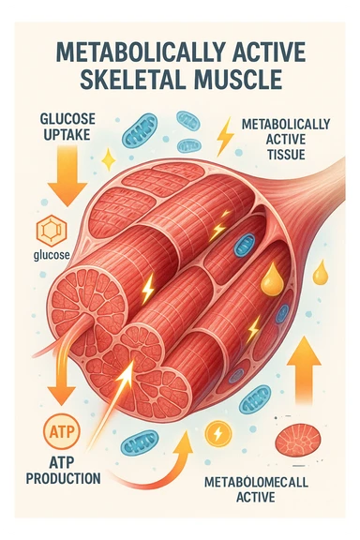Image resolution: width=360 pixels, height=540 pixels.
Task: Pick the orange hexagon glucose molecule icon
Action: pos(47,230)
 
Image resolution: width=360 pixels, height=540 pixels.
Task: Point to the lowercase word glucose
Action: pos(48,255)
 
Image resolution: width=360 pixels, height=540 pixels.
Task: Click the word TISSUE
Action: pos(284,156)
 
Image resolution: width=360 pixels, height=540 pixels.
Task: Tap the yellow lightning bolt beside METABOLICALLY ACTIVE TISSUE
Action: pos(225,137)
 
